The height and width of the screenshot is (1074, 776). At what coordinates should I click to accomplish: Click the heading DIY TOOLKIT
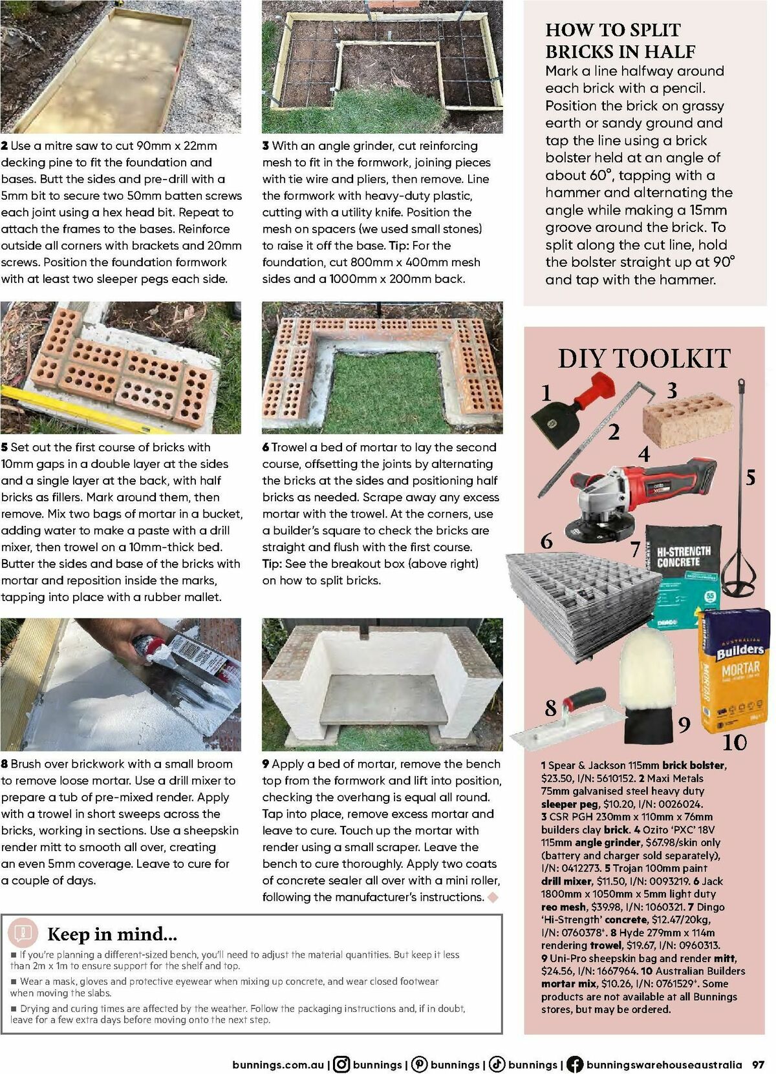pyautogui.click(x=643, y=359)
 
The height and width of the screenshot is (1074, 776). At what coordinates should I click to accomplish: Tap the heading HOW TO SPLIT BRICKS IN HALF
pyautogui.click(x=620, y=41)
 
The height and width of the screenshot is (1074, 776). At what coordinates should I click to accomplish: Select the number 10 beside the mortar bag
pyautogui.click(x=734, y=742)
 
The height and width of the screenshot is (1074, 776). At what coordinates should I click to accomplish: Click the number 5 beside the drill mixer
pyautogui.click(x=750, y=478)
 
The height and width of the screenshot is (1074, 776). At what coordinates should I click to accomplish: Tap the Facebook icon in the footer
pyautogui.click(x=574, y=1064)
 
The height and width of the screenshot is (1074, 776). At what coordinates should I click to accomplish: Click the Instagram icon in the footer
pyautogui.click(x=341, y=1064)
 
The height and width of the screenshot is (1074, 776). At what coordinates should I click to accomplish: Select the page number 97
pyautogui.click(x=758, y=1064)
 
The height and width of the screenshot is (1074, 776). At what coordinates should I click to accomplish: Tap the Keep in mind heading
pyautogui.click(x=112, y=934)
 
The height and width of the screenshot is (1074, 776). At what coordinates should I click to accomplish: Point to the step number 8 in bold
pyautogui.click(x=5, y=764)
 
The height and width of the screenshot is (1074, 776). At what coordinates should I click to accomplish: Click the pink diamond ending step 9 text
pyautogui.click(x=493, y=897)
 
